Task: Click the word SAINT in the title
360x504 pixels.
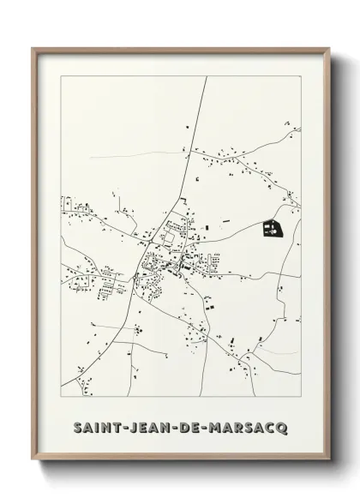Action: click(95, 426)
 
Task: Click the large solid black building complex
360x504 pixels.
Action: click(271, 228)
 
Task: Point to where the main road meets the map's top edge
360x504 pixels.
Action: click(206, 77)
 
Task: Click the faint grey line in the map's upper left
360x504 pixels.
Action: click(129, 156)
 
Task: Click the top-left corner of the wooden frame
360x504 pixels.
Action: click(33, 49)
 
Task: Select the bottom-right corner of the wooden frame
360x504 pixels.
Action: click(329, 458)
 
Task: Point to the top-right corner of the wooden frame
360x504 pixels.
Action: click(329, 49)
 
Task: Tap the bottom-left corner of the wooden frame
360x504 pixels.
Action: click(33, 458)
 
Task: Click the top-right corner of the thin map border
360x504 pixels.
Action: click(301, 77)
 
